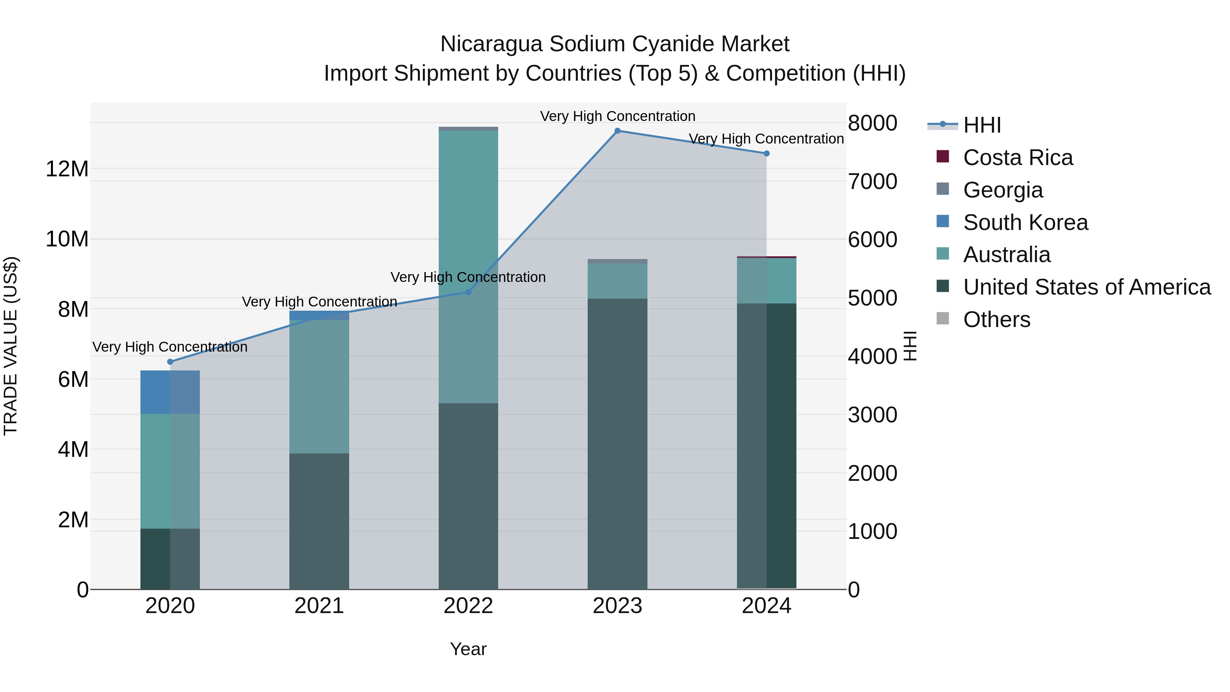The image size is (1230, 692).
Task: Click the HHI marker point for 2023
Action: tap(617, 131)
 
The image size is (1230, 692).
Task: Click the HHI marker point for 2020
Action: tap(170, 362)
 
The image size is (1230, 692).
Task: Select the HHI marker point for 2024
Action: tap(766, 153)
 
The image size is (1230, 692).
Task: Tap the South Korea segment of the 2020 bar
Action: tap(170, 392)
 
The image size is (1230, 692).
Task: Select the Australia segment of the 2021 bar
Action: tap(319, 386)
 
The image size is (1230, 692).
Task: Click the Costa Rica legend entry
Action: tap(1017, 158)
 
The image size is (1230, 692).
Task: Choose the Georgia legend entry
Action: tap(1003, 190)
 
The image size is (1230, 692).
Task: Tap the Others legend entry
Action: tap(997, 320)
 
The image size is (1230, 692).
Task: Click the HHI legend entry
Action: tap(982, 125)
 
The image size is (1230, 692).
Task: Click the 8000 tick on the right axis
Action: tap(872, 123)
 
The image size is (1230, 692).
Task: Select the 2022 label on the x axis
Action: tap(468, 606)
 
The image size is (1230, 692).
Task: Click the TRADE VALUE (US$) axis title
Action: tap(11, 346)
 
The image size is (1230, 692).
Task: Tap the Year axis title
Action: tap(468, 649)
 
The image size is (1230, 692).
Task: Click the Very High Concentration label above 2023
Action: tap(617, 116)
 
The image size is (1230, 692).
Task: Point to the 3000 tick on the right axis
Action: tap(872, 415)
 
